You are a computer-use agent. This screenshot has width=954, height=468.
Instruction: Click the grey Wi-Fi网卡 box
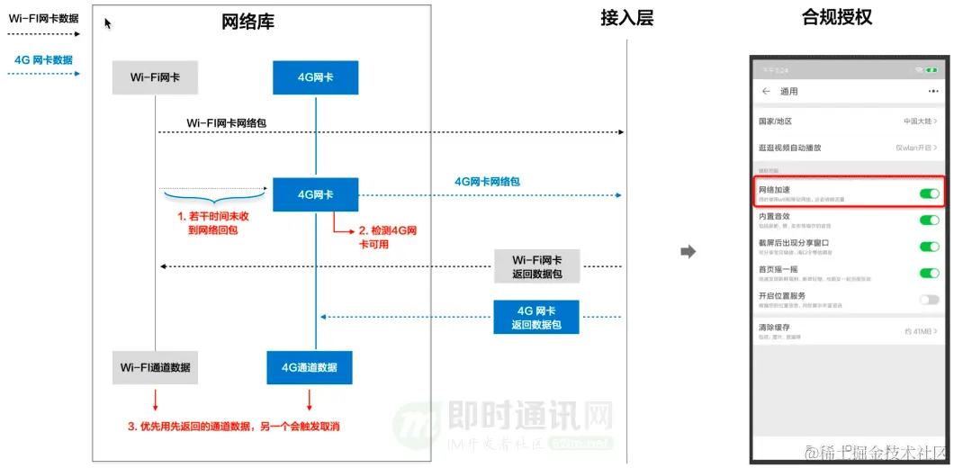(x=155, y=77)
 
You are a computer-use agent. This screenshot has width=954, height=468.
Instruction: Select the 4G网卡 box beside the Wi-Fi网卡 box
(x=315, y=77)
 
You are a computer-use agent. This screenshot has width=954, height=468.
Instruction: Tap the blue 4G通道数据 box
(x=310, y=367)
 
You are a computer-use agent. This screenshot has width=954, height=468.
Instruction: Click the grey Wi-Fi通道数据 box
(x=155, y=367)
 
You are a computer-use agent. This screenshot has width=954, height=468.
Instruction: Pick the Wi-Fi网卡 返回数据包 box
(x=537, y=266)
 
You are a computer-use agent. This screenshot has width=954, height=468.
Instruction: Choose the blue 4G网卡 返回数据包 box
(x=536, y=316)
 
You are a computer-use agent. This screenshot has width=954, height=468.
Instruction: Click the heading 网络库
(x=247, y=22)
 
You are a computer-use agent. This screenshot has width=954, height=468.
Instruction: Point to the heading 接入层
(x=626, y=18)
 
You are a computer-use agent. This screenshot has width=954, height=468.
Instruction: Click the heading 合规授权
(x=837, y=18)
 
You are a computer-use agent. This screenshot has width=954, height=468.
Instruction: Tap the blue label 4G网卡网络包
(x=487, y=182)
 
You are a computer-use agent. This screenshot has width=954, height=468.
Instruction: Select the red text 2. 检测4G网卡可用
(x=388, y=236)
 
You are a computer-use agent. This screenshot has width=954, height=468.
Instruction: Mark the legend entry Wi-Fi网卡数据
(x=44, y=18)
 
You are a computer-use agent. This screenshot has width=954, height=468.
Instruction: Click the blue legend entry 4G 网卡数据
(x=44, y=60)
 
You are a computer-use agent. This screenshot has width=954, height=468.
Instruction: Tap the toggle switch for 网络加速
(x=929, y=193)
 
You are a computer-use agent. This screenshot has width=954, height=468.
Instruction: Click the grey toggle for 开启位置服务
(x=929, y=300)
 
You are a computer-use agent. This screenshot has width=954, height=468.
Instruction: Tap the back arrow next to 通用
(x=767, y=92)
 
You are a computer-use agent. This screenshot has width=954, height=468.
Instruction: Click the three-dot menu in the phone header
(x=932, y=92)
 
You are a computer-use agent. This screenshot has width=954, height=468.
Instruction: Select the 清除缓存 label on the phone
(x=774, y=328)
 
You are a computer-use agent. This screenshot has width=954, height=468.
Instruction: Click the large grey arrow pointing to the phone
(x=688, y=252)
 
